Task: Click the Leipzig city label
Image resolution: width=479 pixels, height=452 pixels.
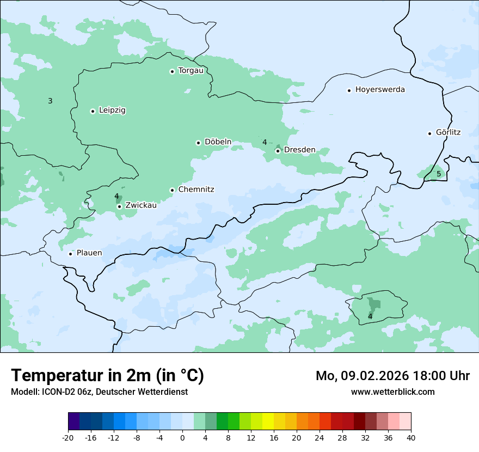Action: (x=112, y=111)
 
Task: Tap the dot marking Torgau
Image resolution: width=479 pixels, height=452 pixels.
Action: (x=172, y=71)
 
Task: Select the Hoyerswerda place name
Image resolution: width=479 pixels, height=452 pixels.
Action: (x=380, y=90)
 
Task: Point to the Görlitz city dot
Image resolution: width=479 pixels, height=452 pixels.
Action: (x=429, y=133)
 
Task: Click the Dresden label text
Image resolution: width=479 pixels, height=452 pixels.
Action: (x=299, y=150)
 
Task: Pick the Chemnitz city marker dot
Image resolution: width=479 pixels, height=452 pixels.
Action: (x=172, y=190)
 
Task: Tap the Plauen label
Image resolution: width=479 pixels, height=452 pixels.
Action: (x=89, y=253)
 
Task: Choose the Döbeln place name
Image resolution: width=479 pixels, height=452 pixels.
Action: (x=218, y=142)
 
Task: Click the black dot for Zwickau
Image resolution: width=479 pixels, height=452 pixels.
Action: (x=119, y=206)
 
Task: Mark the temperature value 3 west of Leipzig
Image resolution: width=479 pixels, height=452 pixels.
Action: (x=50, y=101)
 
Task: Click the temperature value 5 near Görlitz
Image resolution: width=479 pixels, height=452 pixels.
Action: (x=439, y=174)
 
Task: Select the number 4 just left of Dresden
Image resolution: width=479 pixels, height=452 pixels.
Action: (x=265, y=143)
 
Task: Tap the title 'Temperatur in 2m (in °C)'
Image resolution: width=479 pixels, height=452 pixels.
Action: (x=107, y=376)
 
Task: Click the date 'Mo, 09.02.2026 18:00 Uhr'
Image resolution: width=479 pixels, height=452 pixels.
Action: (x=392, y=376)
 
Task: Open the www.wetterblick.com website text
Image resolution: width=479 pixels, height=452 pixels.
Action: (x=392, y=392)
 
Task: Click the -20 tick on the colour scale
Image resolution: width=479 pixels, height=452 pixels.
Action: (x=68, y=438)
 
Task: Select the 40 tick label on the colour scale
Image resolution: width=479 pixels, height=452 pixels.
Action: (x=411, y=438)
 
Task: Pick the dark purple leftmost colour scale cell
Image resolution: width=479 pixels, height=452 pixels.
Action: (x=73, y=422)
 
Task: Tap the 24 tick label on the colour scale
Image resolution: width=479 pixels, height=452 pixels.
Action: (x=320, y=438)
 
